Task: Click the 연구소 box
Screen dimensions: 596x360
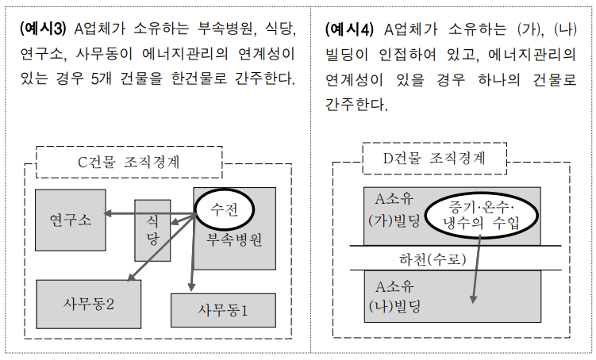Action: click(71, 220)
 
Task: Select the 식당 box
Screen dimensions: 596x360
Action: click(152, 231)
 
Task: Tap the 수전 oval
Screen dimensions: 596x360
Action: click(225, 209)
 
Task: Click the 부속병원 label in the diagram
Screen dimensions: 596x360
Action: click(234, 240)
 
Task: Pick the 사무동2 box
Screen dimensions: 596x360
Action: click(89, 304)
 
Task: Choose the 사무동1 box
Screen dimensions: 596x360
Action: click(223, 310)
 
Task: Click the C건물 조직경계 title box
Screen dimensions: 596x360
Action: click(129, 162)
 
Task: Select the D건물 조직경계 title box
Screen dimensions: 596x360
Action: click(434, 159)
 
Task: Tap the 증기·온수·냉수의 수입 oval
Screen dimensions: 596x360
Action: click(481, 215)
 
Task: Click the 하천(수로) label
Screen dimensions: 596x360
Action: click(433, 259)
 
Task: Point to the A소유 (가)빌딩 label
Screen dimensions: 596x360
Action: click(394, 209)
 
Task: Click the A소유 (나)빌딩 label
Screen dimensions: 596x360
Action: click(394, 297)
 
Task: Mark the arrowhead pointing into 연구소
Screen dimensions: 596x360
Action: click(108, 213)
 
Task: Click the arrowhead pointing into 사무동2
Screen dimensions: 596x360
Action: click(131, 278)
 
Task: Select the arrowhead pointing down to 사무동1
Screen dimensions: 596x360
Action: click(191, 287)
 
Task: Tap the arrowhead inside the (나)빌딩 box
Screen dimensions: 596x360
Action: click(473, 299)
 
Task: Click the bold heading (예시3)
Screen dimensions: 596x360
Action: click(43, 29)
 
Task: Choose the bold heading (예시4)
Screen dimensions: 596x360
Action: click(349, 29)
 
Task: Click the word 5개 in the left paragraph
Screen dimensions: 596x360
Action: click(102, 79)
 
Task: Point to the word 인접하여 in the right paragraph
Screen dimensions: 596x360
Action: click(407, 55)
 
